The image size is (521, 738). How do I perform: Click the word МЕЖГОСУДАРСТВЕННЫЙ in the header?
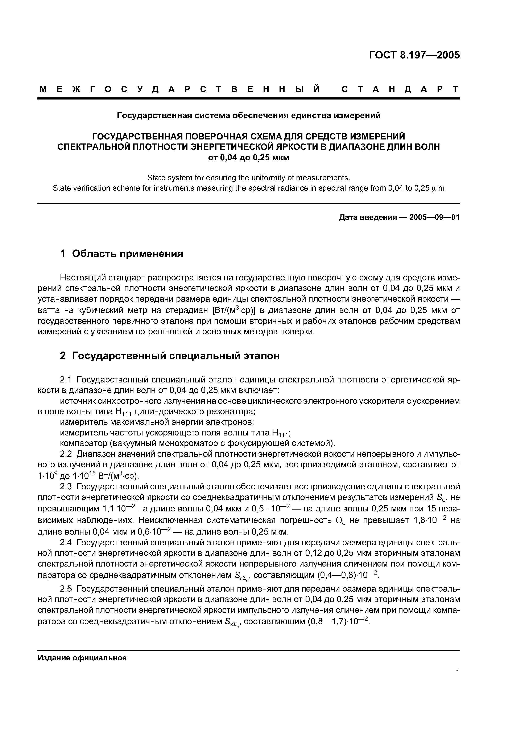[x=180, y=89]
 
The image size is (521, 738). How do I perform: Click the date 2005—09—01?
[x=435, y=218]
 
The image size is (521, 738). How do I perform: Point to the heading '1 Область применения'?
[x=122, y=254]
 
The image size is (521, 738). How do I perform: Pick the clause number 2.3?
[x=66, y=487]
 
